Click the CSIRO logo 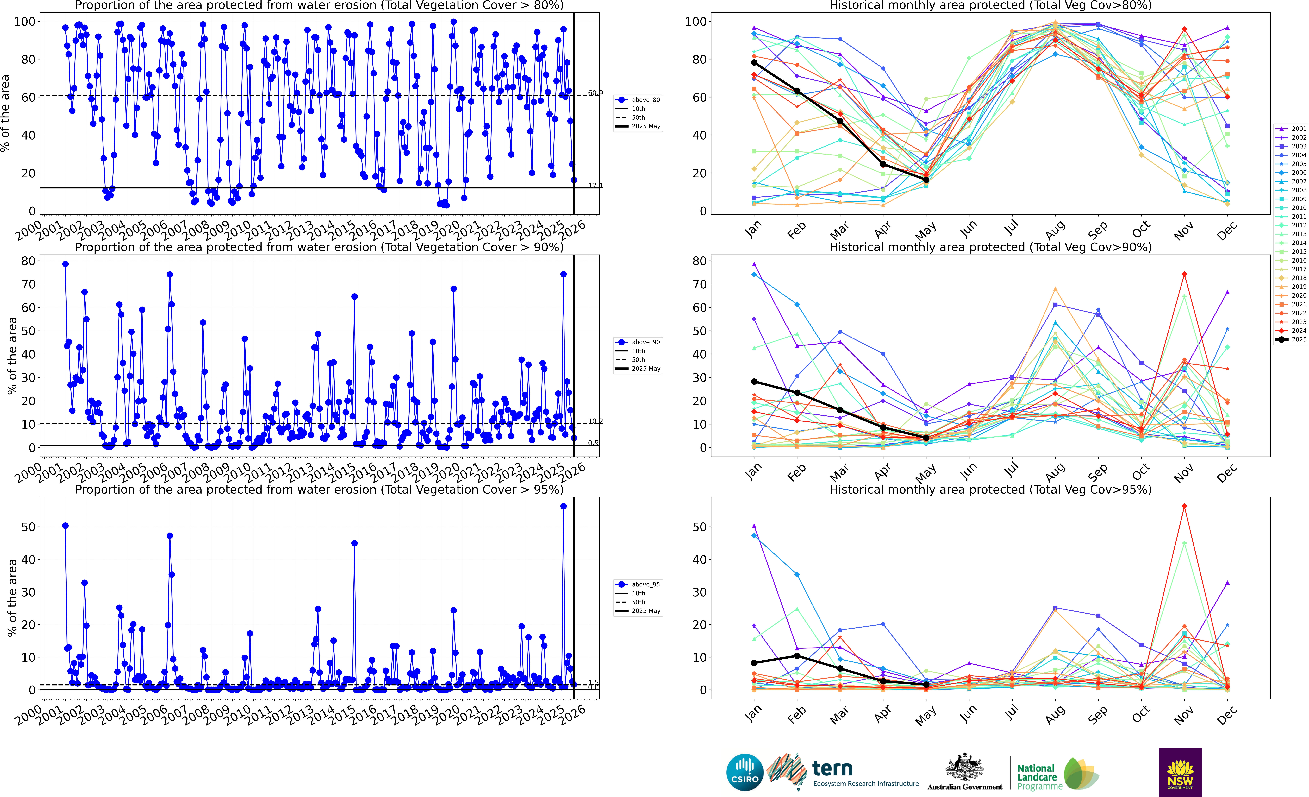pos(745,772)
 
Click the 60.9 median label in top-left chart pos(595,93)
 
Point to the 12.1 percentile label pos(595,185)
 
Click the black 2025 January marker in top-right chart pos(754,63)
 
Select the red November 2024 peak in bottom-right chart pos(1184,506)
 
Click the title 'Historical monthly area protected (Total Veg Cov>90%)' pos(990,248)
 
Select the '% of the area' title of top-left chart pos(5,113)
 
